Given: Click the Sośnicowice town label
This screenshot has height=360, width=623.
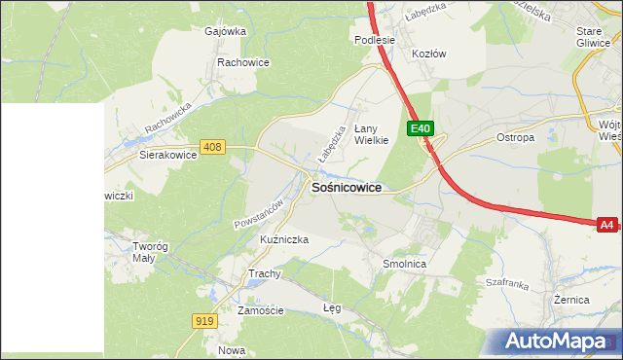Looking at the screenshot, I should click(x=346, y=187).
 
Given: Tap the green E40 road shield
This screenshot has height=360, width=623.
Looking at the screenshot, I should click(x=420, y=128).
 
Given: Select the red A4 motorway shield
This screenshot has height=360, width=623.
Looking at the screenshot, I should click(x=606, y=225).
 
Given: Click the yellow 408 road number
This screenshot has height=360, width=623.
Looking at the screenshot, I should click(x=213, y=147).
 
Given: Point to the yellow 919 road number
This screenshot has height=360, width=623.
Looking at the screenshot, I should click(x=203, y=321).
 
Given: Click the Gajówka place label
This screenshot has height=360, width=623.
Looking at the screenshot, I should click(x=225, y=30).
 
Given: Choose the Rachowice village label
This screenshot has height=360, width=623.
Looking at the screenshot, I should click(x=243, y=62).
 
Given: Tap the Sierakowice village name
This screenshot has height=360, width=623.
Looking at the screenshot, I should click(x=168, y=154).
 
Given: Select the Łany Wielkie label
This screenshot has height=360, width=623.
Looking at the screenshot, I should click(x=371, y=134).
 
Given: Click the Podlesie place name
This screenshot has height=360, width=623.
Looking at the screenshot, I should click(x=374, y=40).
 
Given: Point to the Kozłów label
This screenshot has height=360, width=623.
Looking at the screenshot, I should click(x=429, y=54).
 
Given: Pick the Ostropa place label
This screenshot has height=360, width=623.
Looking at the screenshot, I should click(x=516, y=137).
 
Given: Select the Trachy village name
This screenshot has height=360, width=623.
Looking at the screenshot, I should click(x=265, y=273).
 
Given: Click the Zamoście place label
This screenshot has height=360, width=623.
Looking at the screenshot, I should click(x=261, y=310).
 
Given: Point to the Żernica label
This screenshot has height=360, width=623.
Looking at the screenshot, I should click(x=571, y=300).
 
